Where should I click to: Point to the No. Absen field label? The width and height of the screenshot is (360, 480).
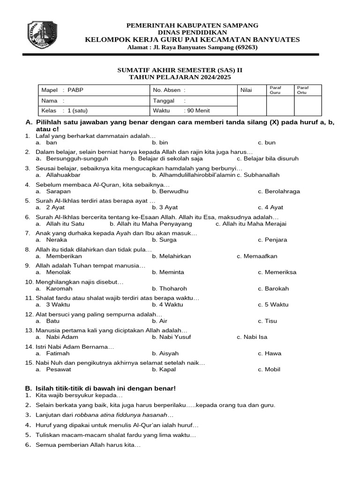point(169,90)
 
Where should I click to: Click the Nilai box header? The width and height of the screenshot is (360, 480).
point(246,90)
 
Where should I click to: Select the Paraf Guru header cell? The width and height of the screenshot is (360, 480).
point(275,90)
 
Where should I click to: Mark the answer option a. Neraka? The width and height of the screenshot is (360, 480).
point(54,240)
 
